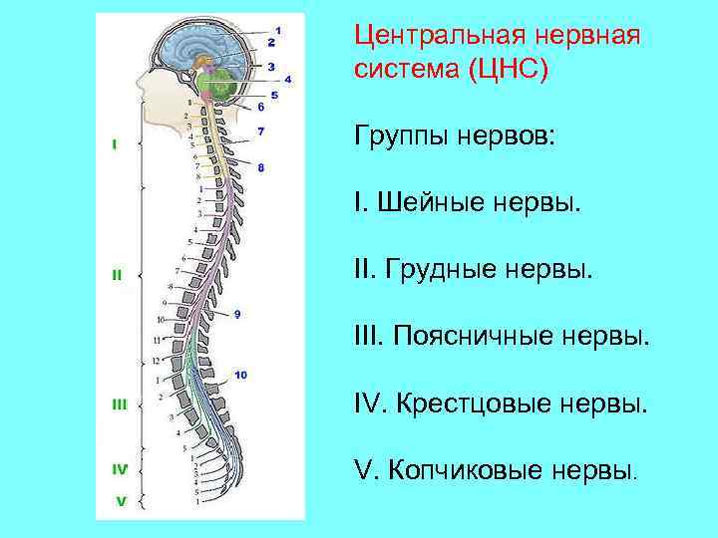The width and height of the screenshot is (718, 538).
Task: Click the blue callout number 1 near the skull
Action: [x=277, y=30]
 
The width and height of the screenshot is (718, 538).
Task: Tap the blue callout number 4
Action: [x=288, y=78]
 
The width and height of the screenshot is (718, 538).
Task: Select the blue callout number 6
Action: [x=261, y=107]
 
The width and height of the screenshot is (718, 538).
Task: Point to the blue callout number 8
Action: [x=261, y=168]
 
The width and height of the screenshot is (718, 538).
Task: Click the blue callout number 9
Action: [x=237, y=315]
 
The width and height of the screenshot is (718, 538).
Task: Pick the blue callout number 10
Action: [x=240, y=375]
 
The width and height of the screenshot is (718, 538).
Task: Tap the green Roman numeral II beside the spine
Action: [x=117, y=274]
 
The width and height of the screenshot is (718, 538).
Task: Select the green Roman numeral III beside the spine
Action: [x=119, y=404]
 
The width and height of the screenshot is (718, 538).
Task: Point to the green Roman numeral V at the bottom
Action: [x=120, y=501]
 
